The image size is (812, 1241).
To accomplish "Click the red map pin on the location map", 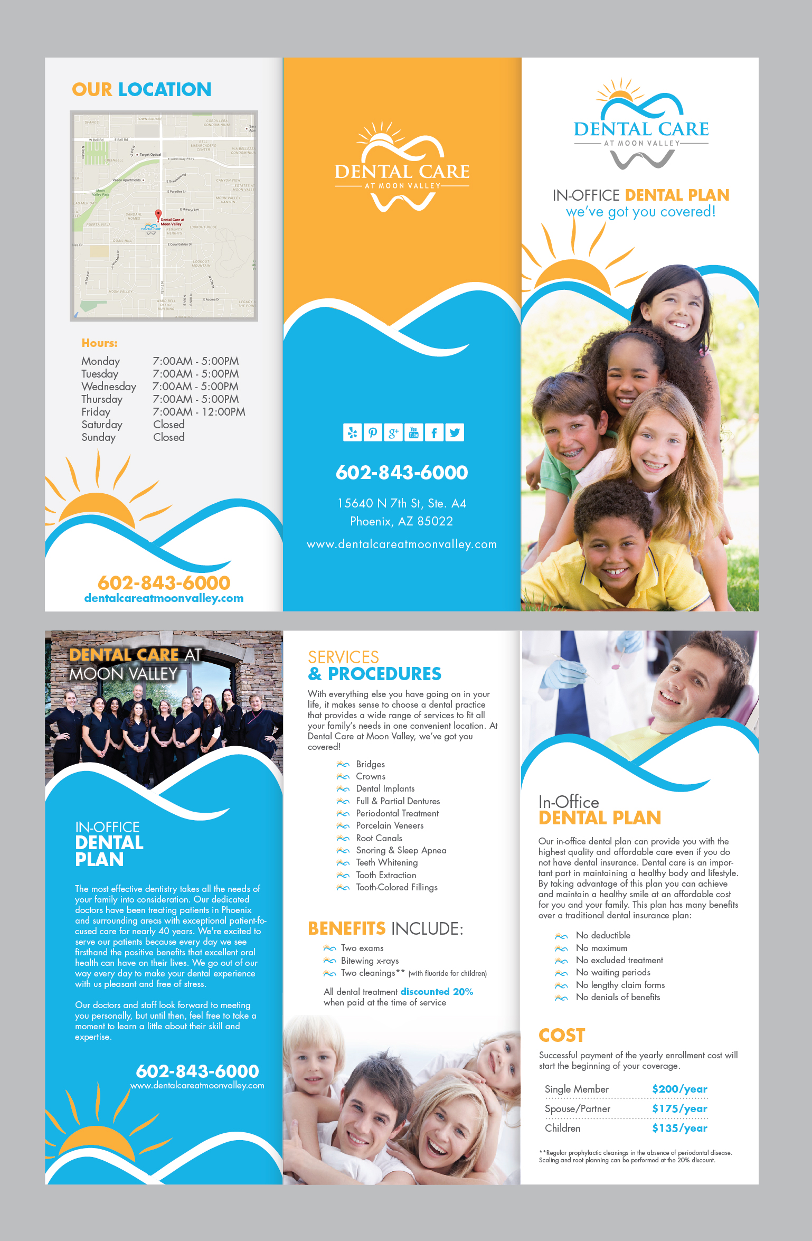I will (158, 214).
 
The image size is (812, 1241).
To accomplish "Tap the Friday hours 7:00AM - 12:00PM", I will (199, 412).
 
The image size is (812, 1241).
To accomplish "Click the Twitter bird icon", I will (455, 433).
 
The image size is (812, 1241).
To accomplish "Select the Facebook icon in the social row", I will (434, 433).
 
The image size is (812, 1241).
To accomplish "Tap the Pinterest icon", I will (373, 433).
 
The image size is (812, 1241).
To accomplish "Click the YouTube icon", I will (414, 433).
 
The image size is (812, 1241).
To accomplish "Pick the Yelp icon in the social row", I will (352, 433).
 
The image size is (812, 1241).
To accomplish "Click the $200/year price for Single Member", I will (679, 1089).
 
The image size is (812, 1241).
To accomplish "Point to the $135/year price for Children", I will (679, 1128).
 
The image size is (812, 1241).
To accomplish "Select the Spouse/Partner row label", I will (577, 1108).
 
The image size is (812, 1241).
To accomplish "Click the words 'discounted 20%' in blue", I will (437, 992).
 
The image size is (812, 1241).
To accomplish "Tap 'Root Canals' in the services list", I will (379, 838).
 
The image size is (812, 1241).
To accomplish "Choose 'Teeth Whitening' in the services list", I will (387, 862).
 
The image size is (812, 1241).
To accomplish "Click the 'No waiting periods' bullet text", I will (613, 972).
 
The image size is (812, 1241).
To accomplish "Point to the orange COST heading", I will (562, 1036).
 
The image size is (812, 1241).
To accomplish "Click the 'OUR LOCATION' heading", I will (141, 90).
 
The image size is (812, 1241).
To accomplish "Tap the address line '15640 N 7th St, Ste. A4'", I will (402, 503).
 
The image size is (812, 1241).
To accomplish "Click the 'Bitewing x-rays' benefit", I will (370, 961).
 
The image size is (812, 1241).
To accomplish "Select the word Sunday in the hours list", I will (99, 437).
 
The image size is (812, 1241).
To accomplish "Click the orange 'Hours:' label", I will (100, 343).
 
